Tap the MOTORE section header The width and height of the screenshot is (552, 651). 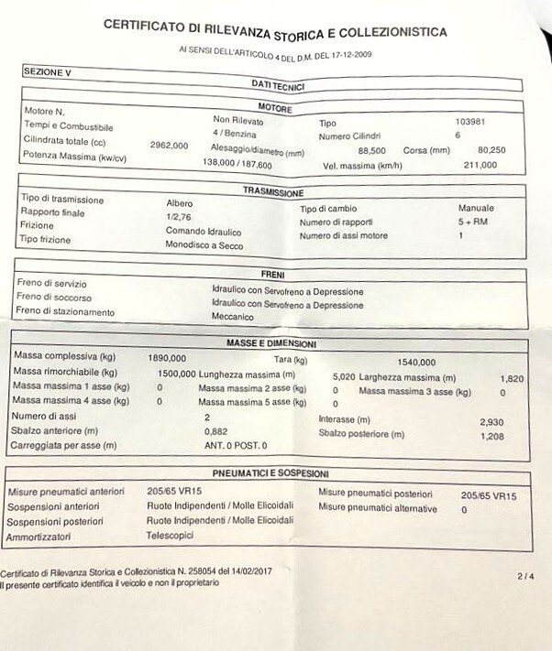pos(275,109)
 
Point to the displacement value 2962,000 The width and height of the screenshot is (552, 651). pos(169,145)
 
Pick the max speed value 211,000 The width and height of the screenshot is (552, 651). pos(479,165)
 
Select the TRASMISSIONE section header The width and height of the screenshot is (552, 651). pos(272,192)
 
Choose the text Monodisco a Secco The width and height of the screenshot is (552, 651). pos(204,245)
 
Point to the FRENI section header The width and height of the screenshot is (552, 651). pos(274,274)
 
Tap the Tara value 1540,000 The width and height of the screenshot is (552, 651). pos(416,362)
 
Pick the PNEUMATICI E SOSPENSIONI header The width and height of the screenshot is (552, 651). pos(270,473)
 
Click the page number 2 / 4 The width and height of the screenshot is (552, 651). pos(524,576)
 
